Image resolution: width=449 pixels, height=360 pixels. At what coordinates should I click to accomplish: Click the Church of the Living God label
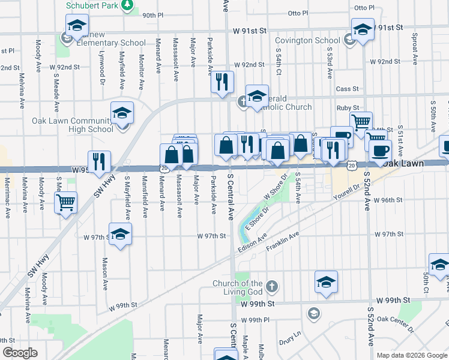(x=238, y=287)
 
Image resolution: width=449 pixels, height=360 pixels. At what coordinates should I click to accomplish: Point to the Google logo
(x=20, y=353)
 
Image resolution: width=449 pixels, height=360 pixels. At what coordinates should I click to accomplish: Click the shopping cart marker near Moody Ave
(x=66, y=202)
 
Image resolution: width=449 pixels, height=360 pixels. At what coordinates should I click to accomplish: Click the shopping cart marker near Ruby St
(x=361, y=123)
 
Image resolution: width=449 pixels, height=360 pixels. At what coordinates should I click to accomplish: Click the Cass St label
(x=347, y=89)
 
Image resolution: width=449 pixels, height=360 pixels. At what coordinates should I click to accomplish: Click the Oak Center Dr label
(x=396, y=324)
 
